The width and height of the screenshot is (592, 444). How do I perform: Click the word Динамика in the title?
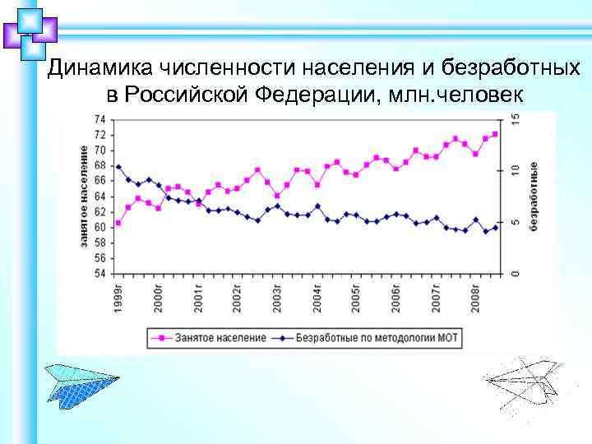pyautogui.click(x=97, y=68)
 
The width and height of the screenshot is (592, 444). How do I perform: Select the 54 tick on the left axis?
pyautogui.click(x=99, y=273)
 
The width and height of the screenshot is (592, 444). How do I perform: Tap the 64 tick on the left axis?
pyautogui.click(x=99, y=197)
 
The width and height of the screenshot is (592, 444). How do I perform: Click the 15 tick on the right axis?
pyautogui.click(x=515, y=120)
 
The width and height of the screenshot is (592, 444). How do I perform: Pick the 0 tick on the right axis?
pyautogui.click(x=515, y=273)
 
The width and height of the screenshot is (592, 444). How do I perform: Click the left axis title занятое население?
pyautogui.click(x=85, y=196)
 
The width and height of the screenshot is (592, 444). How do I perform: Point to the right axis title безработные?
pyautogui.click(x=534, y=196)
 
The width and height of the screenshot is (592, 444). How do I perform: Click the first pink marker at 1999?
pyautogui.click(x=118, y=223)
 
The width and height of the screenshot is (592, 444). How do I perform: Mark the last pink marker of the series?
pyautogui.click(x=495, y=134)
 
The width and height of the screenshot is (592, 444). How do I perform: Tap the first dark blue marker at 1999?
pyautogui.click(x=118, y=167)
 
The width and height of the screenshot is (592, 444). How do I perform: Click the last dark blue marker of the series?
pyautogui.click(x=495, y=228)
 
